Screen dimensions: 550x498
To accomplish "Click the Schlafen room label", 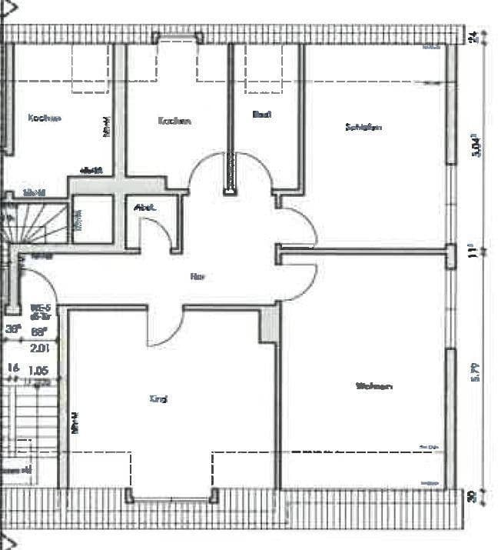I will coord(364,128).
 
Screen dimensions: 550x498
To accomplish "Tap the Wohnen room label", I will coord(374,386).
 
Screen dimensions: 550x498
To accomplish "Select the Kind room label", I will coord(158,399).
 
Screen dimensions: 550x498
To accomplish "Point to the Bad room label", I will coord(262,115).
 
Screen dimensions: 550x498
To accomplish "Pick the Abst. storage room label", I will coord(144,207).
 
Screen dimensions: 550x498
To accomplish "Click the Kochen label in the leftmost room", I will coord(44,118).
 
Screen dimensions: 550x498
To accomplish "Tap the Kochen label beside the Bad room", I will coord(174,121).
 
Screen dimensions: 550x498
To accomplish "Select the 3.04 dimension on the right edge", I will coord(476,145).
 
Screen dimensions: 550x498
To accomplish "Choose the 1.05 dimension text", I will coord(38,370).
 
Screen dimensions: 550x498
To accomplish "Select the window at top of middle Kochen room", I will coord(178,36).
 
